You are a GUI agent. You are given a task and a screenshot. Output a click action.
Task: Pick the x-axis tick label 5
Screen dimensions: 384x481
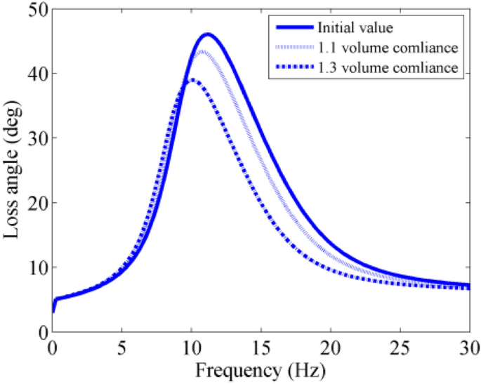click(x=121, y=347)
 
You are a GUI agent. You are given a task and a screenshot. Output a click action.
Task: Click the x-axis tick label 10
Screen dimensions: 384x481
click(x=191, y=347)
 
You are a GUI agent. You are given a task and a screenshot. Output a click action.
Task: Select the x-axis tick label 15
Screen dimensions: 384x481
click(x=261, y=347)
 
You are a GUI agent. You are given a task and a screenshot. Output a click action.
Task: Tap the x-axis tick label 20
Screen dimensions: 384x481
click(x=330, y=347)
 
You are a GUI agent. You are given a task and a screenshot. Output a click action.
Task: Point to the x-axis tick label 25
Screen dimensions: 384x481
click(x=400, y=347)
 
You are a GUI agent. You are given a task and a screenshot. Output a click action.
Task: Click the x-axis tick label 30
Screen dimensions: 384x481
click(x=468, y=347)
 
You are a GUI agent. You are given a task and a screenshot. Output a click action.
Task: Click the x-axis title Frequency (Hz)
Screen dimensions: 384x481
click(x=261, y=369)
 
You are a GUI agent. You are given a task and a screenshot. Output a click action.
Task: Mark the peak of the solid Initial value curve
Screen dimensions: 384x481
click(x=207, y=34)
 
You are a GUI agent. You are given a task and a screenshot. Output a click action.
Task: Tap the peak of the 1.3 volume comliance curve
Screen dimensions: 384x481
click(x=191, y=80)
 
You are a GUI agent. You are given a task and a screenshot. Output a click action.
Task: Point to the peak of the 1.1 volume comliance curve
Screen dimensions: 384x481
click(x=202, y=51)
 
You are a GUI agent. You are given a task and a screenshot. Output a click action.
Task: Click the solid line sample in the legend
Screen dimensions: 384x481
click(x=294, y=29)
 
